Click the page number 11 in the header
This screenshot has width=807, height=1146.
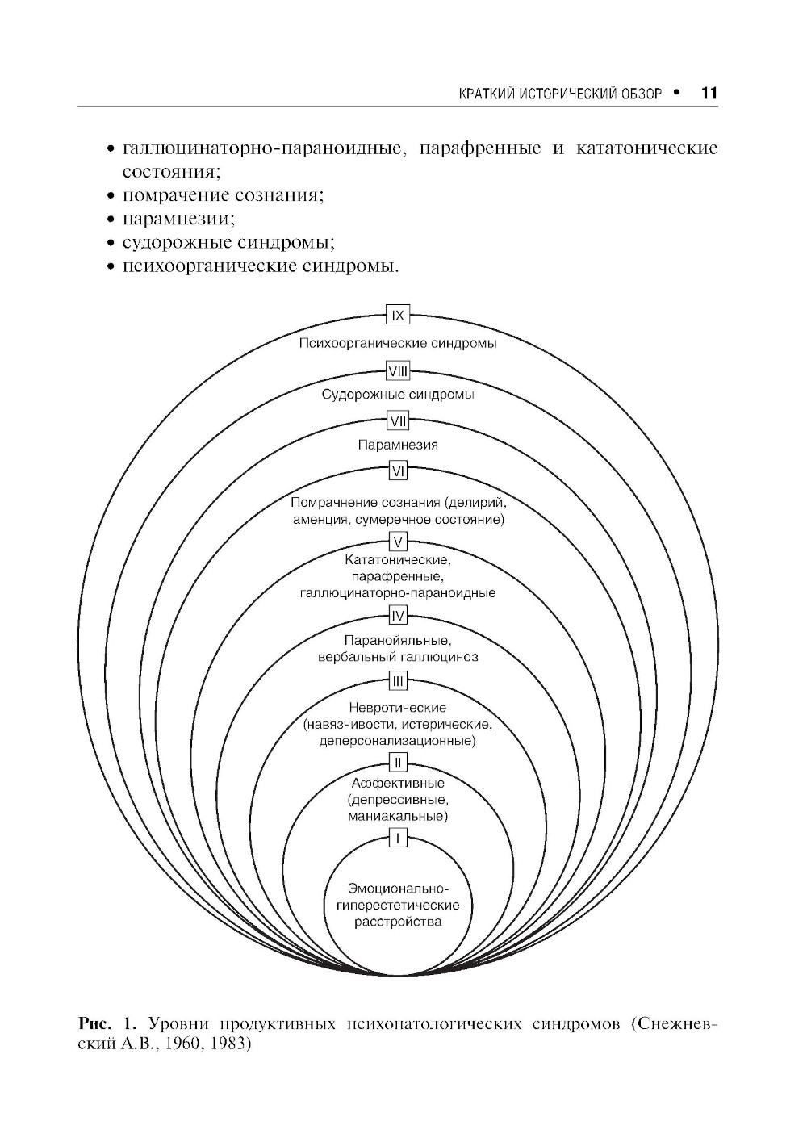pyautogui.click(x=709, y=93)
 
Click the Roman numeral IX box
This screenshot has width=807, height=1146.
pyautogui.click(x=398, y=315)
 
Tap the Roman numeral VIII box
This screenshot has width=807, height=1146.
pyautogui.click(x=398, y=371)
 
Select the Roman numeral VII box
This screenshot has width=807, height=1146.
pyautogui.click(x=398, y=421)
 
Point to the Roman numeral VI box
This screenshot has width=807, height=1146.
pyautogui.click(x=398, y=470)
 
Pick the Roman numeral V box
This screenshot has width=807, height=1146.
pyautogui.click(x=398, y=541)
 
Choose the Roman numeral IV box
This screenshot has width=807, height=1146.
pyautogui.click(x=398, y=617)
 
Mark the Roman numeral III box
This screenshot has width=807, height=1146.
pyautogui.click(x=398, y=682)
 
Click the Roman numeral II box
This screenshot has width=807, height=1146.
pyautogui.click(x=398, y=761)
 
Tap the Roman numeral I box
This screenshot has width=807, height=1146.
pyautogui.click(x=398, y=839)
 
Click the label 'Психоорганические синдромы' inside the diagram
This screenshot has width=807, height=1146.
pyautogui.click(x=398, y=343)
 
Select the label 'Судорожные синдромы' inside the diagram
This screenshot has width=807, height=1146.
pyautogui.click(x=398, y=395)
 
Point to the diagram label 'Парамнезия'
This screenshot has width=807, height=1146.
pyautogui.click(x=398, y=445)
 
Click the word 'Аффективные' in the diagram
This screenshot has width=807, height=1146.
pyautogui.click(x=398, y=783)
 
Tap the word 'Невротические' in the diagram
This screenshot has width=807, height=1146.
pyautogui.click(x=398, y=708)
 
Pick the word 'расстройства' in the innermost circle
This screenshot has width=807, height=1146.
pyautogui.click(x=398, y=922)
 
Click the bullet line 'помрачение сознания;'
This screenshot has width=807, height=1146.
pyautogui.click(x=222, y=195)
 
